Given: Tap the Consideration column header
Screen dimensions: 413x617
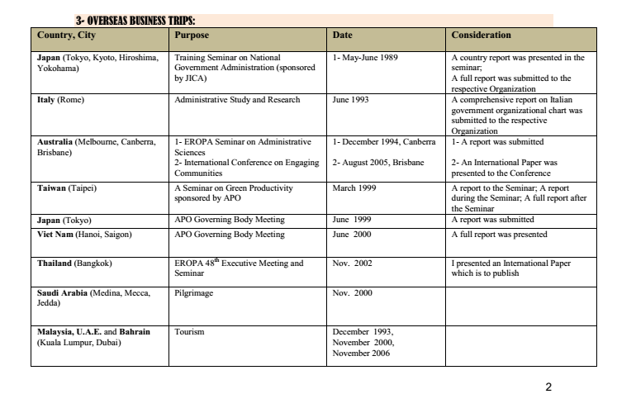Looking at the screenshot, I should (482, 36).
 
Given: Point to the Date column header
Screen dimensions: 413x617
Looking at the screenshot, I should (342, 36).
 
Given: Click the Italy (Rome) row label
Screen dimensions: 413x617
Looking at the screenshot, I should (57, 100).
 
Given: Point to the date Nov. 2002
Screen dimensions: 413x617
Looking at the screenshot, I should (353, 263).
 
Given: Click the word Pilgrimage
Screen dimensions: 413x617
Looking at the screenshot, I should (193, 292).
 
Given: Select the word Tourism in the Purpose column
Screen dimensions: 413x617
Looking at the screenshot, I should (188, 331).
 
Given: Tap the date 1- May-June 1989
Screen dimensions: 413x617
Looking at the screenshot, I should (365, 58).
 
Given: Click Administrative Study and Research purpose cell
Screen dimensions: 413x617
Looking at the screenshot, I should (237, 100).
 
